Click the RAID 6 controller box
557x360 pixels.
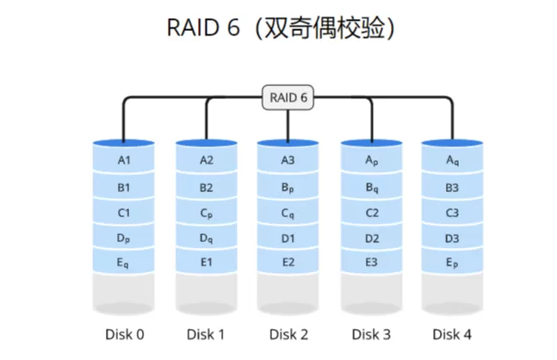pyautogui.click(x=288, y=98)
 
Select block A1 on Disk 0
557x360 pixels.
pyautogui.click(x=123, y=160)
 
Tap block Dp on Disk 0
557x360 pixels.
pyautogui.click(x=123, y=238)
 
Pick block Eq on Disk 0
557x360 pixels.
pyautogui.click(x=123, y=263)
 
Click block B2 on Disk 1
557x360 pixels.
pyautogui.click(x=206, y=187)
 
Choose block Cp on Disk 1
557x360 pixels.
pyautogui.click(x=206, y=213)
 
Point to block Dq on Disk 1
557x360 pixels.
pyautogui.click(x=206, y=238)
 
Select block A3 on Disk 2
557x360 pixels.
pyautogui.click(x=288, y=160)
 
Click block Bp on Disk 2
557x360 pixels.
pyautogui.click(x=288, y=187)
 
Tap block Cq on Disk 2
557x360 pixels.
pyautogui.click(x=288, y=213)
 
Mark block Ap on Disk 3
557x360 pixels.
pyautogui.click(x=372, y=160)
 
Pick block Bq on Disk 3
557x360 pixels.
pyautogui.click(x=372, y=187)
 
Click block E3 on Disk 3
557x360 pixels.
pyautogui.click(x=372, y=263)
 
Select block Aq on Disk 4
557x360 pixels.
pyautogui.click(x=452, y=160)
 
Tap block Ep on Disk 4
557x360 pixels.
pyautogui.click(x=452, y=263)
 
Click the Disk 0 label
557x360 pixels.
pyautogui.click(x=123, y=334)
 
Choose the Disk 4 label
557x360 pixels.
pyautogui.click(x=452, y=334)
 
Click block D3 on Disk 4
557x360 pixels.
pyautogui.click(x=452, y=238)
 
